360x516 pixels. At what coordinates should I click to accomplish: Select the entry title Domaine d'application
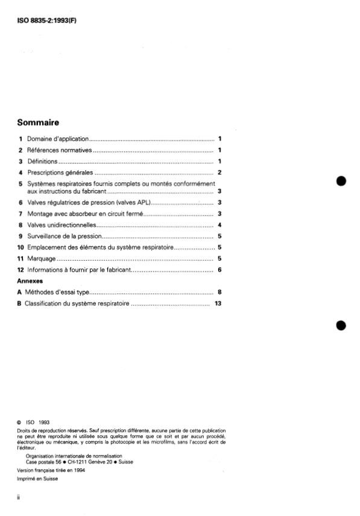point(58,139)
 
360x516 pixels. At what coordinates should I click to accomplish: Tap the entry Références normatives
point(59,150)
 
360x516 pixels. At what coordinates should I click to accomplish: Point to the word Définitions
point(42,162)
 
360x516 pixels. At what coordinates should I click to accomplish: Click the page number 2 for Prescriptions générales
point(221,173)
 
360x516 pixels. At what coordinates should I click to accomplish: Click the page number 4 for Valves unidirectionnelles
point(221,225)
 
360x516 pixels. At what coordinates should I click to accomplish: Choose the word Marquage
point(42,258)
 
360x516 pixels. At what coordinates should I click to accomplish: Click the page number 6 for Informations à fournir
point(221,269)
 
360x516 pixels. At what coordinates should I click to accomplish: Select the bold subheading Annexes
point(31,281)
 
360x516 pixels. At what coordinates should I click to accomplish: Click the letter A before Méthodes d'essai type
point(21,292)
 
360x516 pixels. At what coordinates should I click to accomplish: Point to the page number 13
point(218,303)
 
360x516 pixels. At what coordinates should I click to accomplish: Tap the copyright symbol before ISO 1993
point(20,422)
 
